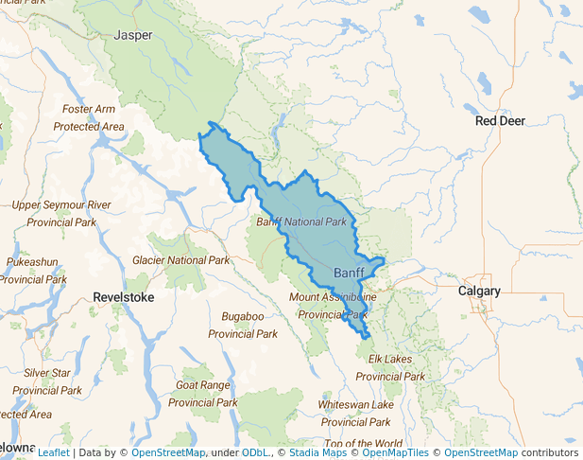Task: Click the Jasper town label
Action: coord(132,35)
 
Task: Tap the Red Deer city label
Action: coord(500,121)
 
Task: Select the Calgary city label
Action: coord(478,292)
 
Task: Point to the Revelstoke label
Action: coord(123,297)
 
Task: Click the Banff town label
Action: coord(349,274)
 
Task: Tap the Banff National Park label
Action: coord(301,221)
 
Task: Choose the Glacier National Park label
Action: coord(180,260)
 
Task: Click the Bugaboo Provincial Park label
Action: coord(242,325)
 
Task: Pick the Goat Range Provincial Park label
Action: coord(202,394)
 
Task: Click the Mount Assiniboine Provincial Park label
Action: coord(332,306)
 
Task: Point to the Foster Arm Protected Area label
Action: coord(89,118)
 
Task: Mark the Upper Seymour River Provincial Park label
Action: coord(61,213)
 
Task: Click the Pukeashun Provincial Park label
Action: coord(33,270)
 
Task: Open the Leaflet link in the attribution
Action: coord(53,452)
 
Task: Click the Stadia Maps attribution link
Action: coord(316,452)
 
